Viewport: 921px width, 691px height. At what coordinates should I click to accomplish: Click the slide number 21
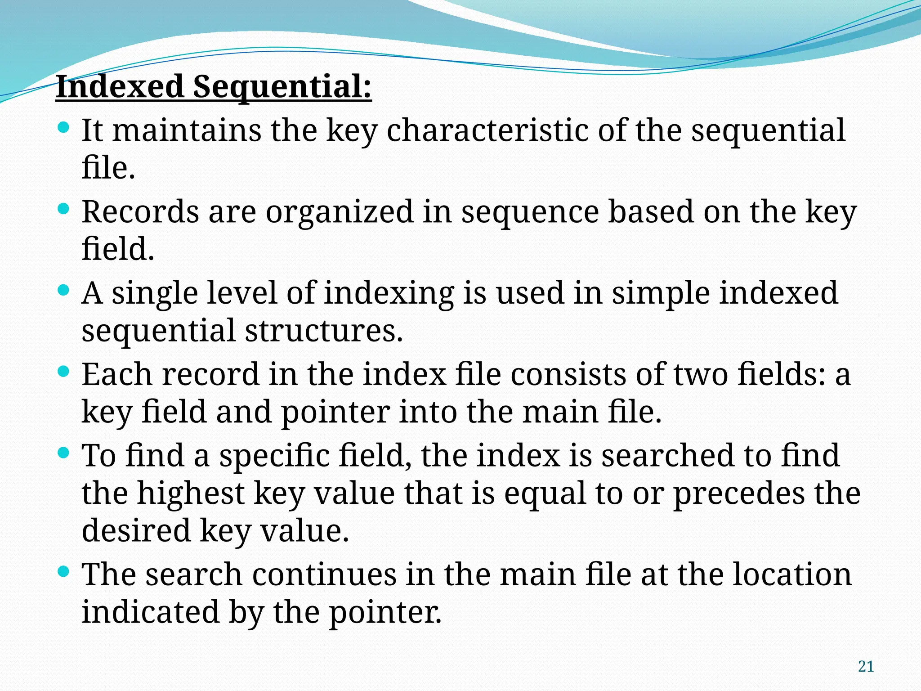tap(866, 666)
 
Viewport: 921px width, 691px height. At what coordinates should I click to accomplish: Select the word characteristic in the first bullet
tap(487, 130)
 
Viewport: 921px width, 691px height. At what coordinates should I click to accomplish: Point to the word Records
tap(140, 211)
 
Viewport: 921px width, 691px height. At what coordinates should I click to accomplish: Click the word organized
tap(340, 212)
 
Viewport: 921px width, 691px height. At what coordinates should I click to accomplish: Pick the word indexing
tap(389, 293)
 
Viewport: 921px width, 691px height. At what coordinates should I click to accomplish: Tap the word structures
tap(324, 331)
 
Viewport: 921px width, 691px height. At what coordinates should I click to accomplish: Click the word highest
tap(191, 494)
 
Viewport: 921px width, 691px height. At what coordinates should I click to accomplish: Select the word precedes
tap(738, 494)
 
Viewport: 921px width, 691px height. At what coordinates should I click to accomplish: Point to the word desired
tap(136, 530)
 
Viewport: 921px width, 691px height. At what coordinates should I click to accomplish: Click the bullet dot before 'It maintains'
tap(64, 127)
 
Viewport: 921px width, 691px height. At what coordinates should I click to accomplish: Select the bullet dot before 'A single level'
tap(64, 290)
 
